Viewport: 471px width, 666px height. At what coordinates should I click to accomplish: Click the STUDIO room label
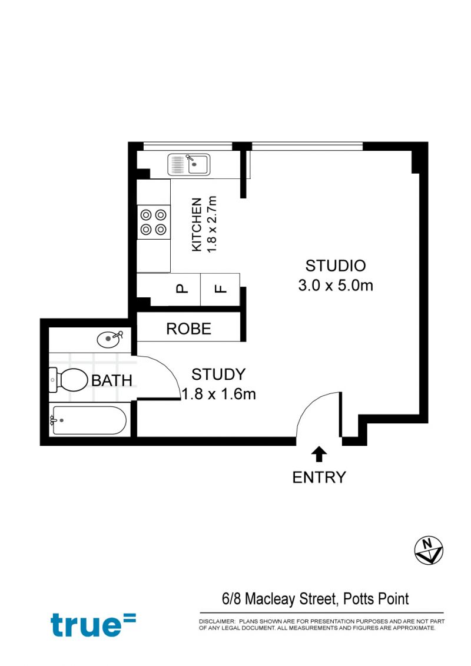(x=336, y=266)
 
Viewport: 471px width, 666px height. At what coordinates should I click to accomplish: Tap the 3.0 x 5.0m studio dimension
(x=336, y=285)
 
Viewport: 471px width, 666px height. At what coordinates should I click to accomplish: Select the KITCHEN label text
(x=197, y=224)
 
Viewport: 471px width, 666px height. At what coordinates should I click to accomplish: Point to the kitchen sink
(x=189, y=164)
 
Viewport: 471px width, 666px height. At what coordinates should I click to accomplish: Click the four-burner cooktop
(x=153, y=222)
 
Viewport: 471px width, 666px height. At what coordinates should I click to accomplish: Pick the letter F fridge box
(x=220, y=290)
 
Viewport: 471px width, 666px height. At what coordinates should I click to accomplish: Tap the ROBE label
(x=188, y=329)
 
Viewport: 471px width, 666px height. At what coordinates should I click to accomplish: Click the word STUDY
(x=218, y=375)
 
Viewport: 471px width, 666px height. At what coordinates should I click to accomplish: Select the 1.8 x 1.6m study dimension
(x=219, y=394)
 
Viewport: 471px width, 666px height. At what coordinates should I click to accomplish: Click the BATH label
(x=112, y=380)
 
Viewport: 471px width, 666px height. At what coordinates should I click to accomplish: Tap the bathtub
(x=88, y=420)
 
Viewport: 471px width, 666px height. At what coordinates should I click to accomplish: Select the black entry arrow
(x=319, y=455)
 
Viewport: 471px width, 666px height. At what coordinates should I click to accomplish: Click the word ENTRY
(x=319, y=478)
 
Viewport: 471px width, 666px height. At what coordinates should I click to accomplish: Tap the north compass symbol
(x=429, y=551)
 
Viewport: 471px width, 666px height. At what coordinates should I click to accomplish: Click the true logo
(x=93, y=624)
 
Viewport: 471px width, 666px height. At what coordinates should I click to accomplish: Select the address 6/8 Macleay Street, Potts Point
(x=315, y=599)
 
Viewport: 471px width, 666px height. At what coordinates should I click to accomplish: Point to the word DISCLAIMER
(x=217, y=621)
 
